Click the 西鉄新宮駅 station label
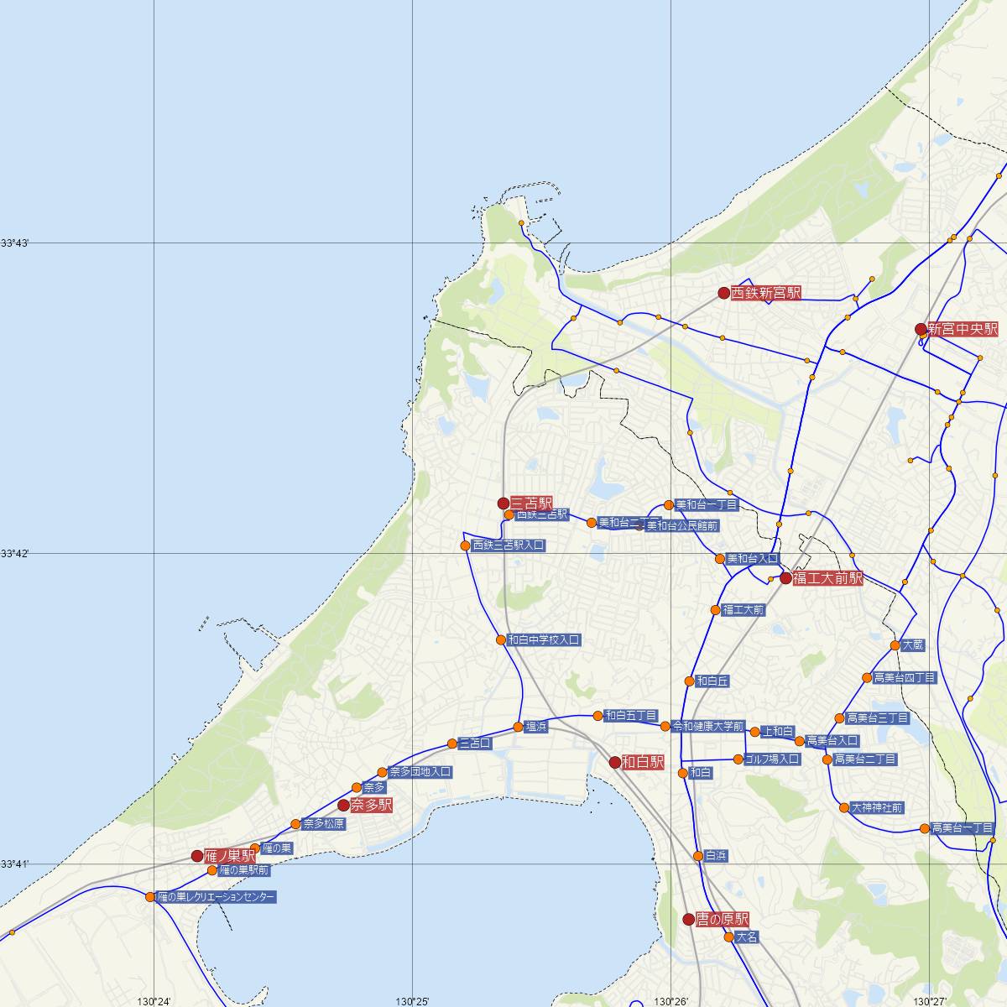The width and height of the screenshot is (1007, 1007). pyautogui.click(x=766, y=293)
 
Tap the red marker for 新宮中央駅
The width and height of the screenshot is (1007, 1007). pyautogui.click(x=921, y=329)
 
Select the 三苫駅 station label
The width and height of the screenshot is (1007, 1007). pyautogui.click(x=531, y=503)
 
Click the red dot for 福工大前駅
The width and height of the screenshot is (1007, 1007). pyautogui.click(x=785, y=578)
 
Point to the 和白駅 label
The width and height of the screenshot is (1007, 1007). pyautogui.click(x=643, y=762)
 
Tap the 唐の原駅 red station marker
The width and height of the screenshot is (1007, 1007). pyautogui.click(x=689, y=919)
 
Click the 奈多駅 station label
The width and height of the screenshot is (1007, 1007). pyautogui.click(x=372, y=805)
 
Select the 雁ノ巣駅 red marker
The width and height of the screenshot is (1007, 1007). pyautogui.click(x=197, y=856)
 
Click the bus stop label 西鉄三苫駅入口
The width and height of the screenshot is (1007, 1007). pyautogui.click(x=509, y=545)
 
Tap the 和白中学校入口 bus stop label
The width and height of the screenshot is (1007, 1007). pyautogui.click(x=544, y=639)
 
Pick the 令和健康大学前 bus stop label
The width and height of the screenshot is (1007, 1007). pyautogui.click(x=708, y=726)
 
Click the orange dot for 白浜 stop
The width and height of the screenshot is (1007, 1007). pyautogui.click(x=698, y=856)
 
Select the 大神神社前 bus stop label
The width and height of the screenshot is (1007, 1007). pyautogui.click(x=877, y=807)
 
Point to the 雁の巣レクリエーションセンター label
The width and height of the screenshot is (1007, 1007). pyautogui.click(x=217, y=897)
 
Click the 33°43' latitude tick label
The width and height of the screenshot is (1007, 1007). pyautogui.click(x=14, y=243)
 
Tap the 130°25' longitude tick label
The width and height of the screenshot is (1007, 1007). pyautogui.click(x=413, y=1001)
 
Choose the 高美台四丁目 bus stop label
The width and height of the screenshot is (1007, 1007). pyautogui.click(x=904, y=677)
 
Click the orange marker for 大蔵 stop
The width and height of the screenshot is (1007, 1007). pyautogui.click(x=895, y=645)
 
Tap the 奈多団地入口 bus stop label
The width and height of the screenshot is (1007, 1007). pyautogui.click(x=420, y=772)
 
